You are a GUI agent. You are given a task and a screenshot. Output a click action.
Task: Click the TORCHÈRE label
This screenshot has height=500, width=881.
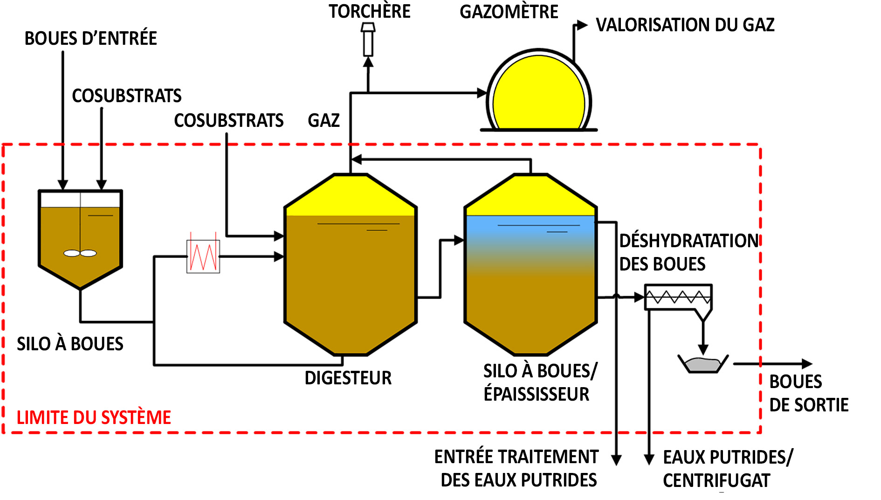point(370,11)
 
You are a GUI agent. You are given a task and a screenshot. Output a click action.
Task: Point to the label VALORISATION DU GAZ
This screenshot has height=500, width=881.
point(685,25)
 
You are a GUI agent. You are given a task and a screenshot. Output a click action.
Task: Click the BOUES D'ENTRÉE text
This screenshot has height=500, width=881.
point(90,38)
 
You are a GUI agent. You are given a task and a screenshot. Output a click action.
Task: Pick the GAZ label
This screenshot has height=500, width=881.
point(323,120)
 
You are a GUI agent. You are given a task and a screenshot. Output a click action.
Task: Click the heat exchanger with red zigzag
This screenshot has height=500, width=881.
point(203,256)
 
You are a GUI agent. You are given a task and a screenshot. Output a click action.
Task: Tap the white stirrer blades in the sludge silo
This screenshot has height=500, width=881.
point(80,253)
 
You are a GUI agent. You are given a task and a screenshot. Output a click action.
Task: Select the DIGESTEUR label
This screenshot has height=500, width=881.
point(348,378)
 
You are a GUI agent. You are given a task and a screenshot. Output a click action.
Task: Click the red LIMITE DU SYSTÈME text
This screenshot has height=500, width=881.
point(94,417)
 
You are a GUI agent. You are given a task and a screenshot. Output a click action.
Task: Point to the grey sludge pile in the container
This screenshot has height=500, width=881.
point(702,364)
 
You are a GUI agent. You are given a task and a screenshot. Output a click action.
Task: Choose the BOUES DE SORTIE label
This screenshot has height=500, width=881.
point(808,393)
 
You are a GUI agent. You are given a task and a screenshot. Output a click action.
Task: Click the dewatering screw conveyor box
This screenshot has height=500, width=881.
point(678,297)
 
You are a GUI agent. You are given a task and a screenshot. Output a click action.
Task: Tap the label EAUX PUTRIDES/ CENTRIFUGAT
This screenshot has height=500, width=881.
point(727,469)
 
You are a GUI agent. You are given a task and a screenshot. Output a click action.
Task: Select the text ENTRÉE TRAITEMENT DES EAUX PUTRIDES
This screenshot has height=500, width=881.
point(516,468)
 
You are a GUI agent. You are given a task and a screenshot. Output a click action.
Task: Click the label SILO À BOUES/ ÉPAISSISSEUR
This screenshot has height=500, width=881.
point(539,382)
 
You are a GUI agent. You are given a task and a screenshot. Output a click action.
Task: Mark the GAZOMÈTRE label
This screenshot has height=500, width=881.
point(509,12)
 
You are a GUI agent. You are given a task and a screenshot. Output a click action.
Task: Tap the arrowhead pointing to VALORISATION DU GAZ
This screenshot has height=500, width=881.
point(582,25)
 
